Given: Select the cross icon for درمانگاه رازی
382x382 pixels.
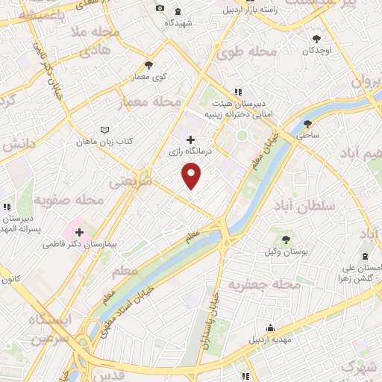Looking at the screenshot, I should coord(190,139).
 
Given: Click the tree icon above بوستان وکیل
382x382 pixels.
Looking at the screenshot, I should coord(286,239).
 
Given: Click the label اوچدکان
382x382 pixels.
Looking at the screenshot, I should coord(317,51).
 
